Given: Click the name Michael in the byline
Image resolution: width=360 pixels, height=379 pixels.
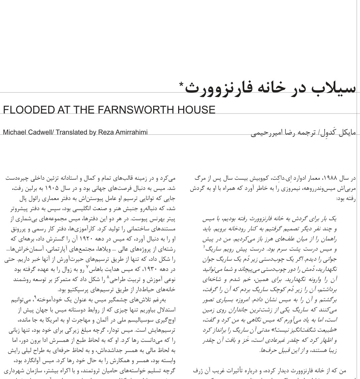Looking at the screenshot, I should pos(15,132).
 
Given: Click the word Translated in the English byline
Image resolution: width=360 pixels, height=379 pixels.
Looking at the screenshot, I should pos(71,132).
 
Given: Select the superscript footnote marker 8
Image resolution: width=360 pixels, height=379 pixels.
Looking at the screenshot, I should pos(108,277).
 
